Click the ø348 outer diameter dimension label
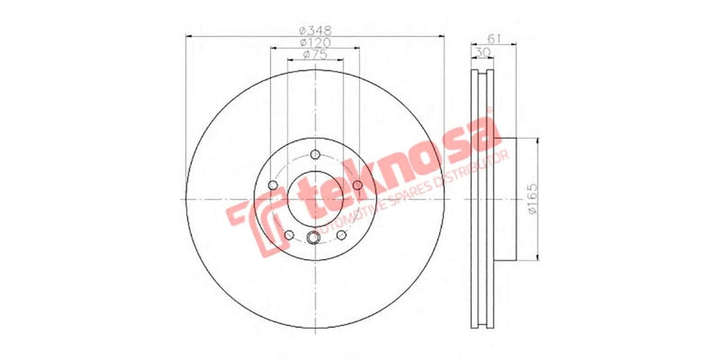point(314,30)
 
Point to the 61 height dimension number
point(493,37)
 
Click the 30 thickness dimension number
point(483,53)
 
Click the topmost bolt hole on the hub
point(314,156)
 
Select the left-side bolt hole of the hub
point(271,186)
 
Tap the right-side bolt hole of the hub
point(357,185)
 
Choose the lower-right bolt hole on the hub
point(342,235)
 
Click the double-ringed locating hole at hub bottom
point(314,238)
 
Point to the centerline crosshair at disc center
point(314,199)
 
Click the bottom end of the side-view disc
point(483,324)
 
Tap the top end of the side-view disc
point(483,73)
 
